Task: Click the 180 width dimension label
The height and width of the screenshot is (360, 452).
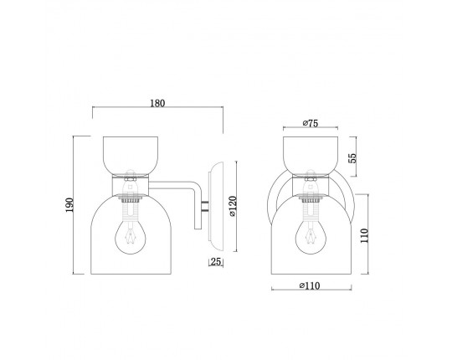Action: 157,103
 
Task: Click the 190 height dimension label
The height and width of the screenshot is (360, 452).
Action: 69,205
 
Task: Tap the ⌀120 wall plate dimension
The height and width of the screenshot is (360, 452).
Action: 233,206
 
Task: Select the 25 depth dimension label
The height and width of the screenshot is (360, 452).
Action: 216,262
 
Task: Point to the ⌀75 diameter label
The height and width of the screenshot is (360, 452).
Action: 311,123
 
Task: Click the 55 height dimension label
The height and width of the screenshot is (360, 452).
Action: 352,158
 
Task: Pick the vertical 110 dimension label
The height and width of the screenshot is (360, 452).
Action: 364,235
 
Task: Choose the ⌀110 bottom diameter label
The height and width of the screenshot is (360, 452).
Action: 310,285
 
